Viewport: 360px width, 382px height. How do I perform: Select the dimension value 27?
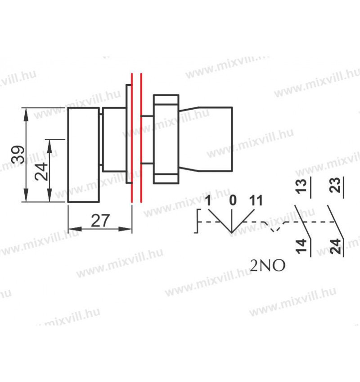(100, 221)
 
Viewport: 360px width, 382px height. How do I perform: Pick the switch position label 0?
(233, 200)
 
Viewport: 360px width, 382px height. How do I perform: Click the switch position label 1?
(208, 200)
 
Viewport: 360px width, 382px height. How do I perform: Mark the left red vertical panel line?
(132, 139)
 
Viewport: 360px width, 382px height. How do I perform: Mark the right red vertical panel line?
(141, 139)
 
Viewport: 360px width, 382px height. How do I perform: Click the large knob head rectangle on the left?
(83, 155)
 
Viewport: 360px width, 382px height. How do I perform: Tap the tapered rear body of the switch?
(207, 139)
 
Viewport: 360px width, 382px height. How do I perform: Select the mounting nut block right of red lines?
(166, 139)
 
